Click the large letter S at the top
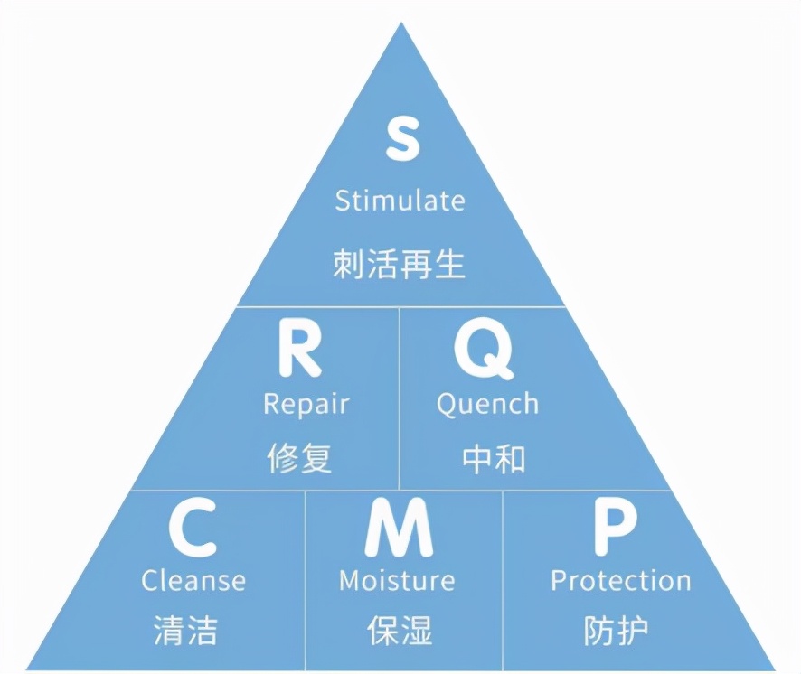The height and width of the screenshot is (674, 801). click(x=400, y=139)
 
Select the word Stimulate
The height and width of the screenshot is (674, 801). click(x=400, y=200)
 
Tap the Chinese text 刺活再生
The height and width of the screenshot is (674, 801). click(x=400, y=264)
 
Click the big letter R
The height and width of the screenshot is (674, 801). click(x=299, y=352)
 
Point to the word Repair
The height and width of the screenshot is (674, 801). click(x=306, y=404)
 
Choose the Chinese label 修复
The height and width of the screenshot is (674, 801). click(x=299, y=458)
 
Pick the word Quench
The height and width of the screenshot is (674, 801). click(x=487, y=404)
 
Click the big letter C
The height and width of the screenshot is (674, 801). click(x=193, y=531)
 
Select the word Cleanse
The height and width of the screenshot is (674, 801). click(x=193, y=580)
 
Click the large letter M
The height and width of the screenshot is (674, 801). click(x=399, y=531)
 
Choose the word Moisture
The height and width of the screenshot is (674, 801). click(x=397, y=580)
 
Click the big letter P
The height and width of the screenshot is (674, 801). click(x=615, y=531)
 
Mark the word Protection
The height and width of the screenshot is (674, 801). click(x=620, y=580)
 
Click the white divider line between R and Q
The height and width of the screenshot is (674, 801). click(x=399, y=398)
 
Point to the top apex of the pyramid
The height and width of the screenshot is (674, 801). click(x=400, y=25)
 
